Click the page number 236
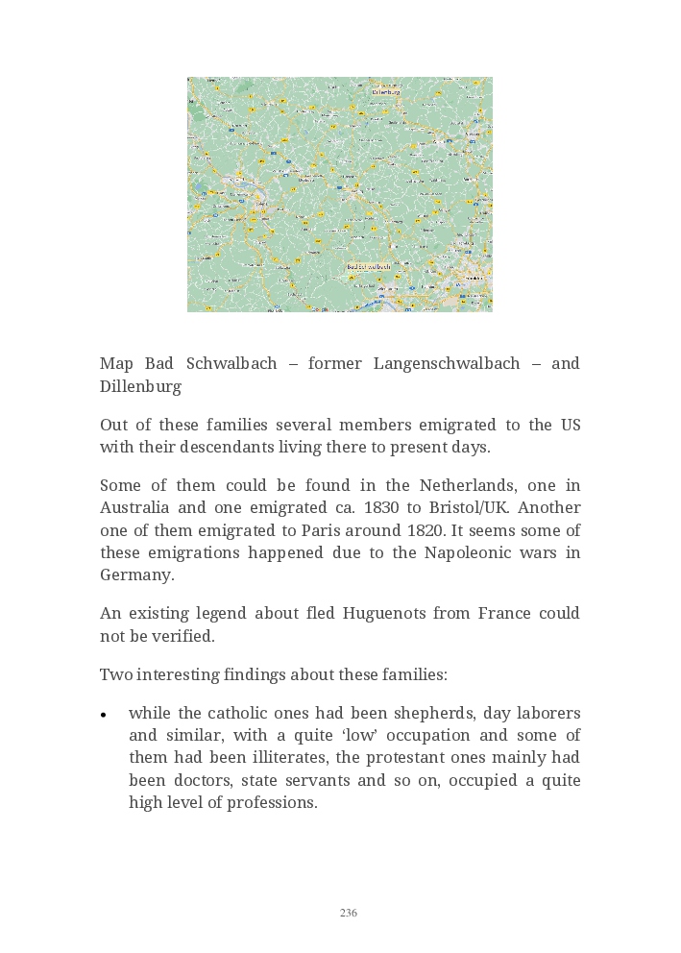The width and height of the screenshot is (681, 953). click(x=349, y=913)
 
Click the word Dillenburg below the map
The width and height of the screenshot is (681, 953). click(x=140, y=386)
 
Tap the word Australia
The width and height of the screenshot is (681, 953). click(x=135, y=507)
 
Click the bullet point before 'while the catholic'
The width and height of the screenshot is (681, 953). click(x=103, y=715)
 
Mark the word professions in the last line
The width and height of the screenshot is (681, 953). click(x=272, y=802)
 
